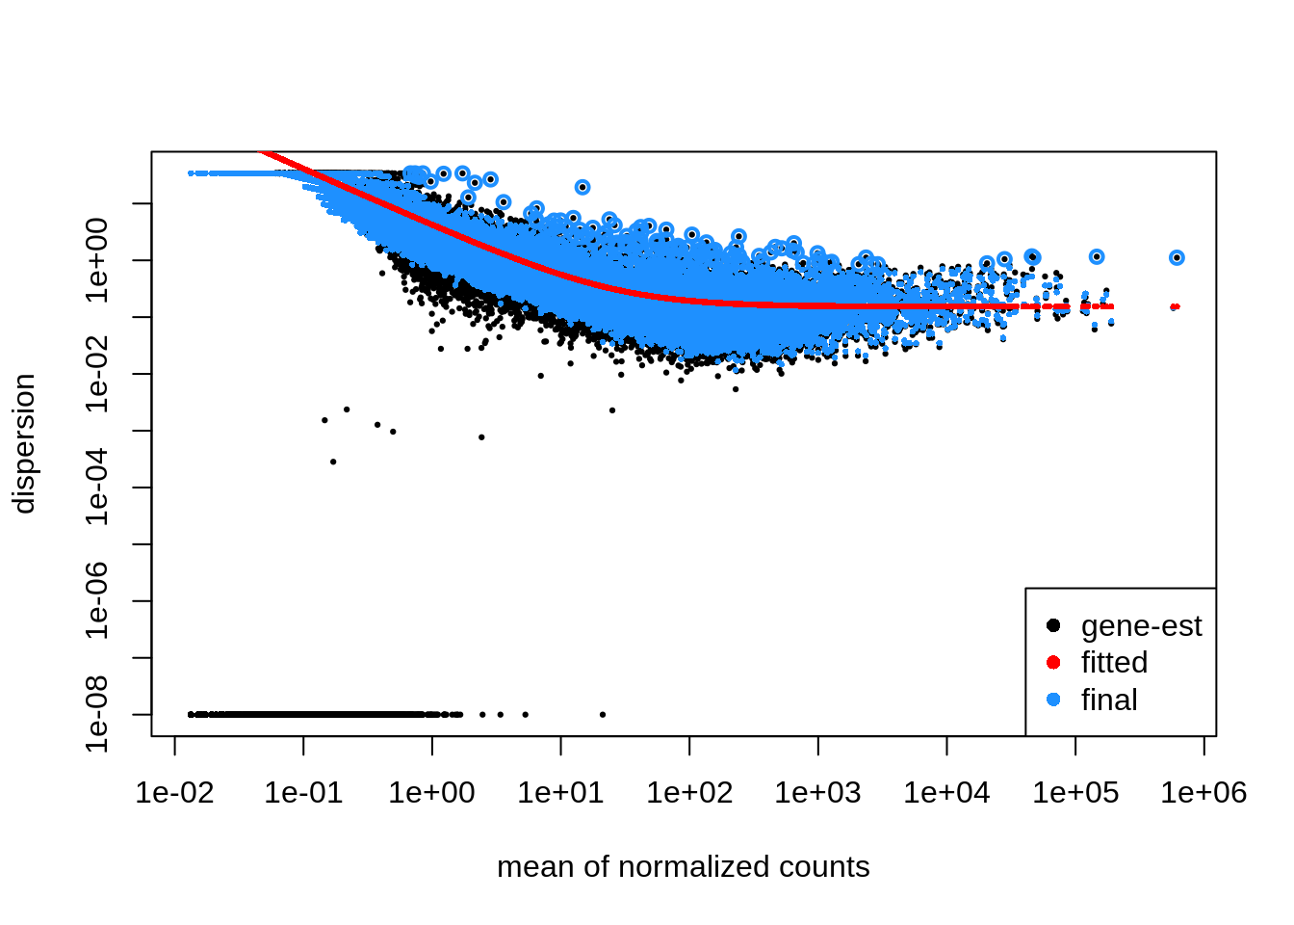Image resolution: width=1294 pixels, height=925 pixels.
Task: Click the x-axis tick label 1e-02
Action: click(174, 793)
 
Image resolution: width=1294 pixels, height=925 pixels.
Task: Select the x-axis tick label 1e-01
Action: click(303, 793)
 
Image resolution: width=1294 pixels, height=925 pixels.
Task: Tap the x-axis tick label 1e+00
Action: click(432, 793)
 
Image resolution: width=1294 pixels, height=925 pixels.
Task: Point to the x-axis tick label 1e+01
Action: click(560, 793)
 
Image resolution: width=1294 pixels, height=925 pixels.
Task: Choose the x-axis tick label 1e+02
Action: click(689, 793)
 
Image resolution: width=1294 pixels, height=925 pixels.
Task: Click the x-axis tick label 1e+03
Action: click(818, 793)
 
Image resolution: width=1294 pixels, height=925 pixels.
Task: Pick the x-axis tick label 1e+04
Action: click(946, 793)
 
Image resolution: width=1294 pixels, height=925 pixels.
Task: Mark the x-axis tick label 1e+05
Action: click(1075, 793)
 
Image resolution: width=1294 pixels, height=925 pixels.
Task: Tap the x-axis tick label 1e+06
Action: click(1203, 793)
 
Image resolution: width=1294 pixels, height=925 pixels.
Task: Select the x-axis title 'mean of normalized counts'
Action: click(684, 867)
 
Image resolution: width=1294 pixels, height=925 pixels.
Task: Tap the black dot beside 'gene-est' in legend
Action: click(1053, 626)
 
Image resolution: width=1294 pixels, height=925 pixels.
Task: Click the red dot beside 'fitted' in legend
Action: click(1053, 663)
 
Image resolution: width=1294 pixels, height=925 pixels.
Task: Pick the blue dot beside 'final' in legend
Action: click(1053, 700)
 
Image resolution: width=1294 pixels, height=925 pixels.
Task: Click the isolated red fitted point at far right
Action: click(1175, 307)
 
